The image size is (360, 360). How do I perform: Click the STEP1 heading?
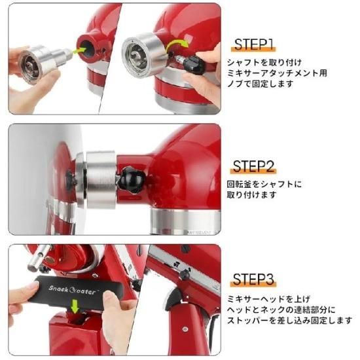tap(254, 45)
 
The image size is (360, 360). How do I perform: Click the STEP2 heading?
tap(253, 166)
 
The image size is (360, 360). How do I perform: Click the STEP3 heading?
tap(253, 279)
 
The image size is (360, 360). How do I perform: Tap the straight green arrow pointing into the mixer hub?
tap(79, 51)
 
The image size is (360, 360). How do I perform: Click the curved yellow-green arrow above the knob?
tap(177, 45)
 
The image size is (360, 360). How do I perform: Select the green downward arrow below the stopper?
tap(75, 307)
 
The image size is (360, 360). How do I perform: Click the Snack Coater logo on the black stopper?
tap(73, 290)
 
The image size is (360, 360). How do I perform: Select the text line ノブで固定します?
tap(260, 84)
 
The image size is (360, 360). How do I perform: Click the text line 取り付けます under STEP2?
tap(251, 195)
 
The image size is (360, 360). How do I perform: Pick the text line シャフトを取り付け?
tap(264, 62)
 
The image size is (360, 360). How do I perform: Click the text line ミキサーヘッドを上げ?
tap(268, 299)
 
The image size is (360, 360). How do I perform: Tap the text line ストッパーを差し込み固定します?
tap(289, 320)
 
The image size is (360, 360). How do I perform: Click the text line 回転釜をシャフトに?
tap(264, 184)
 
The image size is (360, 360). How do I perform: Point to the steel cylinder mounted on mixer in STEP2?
tap(101, 179)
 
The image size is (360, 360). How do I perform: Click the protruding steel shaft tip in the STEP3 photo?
tap(39, 258)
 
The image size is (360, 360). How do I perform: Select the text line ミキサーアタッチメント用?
tap(277, 73)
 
